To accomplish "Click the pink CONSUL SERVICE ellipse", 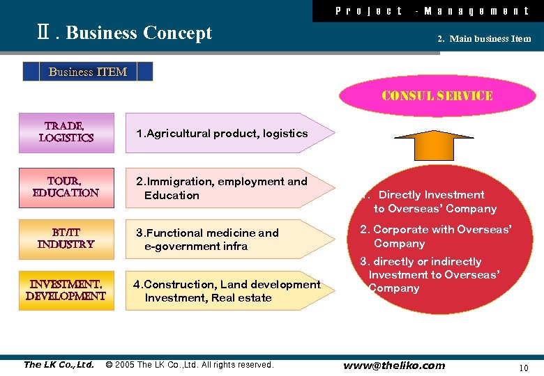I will pos(437,96).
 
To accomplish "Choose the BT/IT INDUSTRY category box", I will pos(66,239).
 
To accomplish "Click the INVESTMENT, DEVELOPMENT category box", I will pos(66,290).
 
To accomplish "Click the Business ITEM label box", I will pos(88,72).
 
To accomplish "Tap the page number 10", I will pos(524,367).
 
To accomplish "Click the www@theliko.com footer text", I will pos(394,366).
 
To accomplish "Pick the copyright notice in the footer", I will pos(189,365).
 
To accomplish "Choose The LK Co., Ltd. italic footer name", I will pos(59,365).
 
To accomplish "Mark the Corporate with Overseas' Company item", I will pos(435,236).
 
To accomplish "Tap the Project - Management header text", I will pos(432,10).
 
